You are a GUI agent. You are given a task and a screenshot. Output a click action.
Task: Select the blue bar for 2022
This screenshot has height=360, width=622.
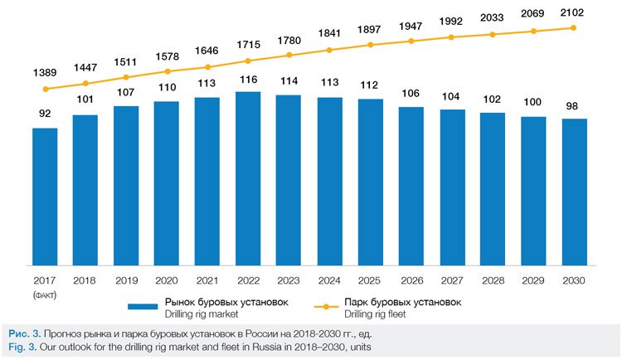[x=248, y=178]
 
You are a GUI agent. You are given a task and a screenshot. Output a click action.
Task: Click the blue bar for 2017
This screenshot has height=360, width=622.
[x=45, y=197]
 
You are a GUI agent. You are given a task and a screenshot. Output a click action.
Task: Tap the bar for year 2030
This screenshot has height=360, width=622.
[x=574, y=192]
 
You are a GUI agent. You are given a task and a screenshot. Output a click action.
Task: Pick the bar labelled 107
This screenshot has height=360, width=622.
[x=126, y=186]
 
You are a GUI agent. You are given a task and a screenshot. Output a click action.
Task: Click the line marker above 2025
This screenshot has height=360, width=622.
[x=370, y=45]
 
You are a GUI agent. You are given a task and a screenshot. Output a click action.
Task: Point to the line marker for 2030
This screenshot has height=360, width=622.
[x=574, y=28]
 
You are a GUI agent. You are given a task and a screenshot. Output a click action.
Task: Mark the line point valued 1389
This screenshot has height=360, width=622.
[x=46, y=89]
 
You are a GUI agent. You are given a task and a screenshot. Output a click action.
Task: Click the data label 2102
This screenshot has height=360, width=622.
[x=574, y=12]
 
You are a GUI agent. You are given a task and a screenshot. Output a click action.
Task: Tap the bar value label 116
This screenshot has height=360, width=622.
[x=248, y=79]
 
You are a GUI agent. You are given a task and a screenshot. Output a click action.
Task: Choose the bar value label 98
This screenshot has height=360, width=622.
[x=574, y=106]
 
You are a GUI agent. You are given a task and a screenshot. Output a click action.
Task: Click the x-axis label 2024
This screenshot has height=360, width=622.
[x=329, y=281]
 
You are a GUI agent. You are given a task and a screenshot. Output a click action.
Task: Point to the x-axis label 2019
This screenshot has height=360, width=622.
[x=126, y=281]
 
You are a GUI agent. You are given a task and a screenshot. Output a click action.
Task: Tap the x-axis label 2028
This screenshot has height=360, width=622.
[x=493, y=281]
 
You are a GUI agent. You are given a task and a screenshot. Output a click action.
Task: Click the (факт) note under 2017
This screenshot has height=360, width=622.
[x=45, y=294]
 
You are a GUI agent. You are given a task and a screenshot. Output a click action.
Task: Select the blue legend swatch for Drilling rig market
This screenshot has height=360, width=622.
[x=157, y=307]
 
